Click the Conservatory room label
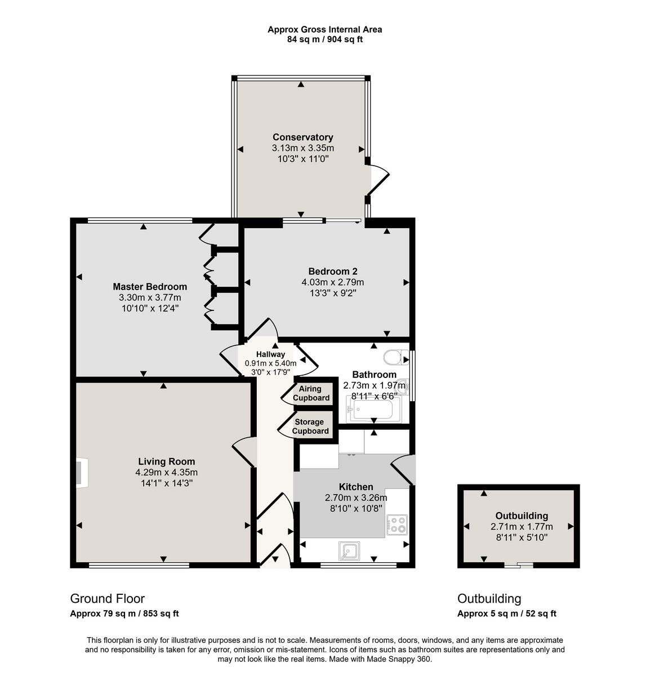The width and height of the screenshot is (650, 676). point(302,137)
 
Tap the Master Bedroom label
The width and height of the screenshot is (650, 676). point(149,287)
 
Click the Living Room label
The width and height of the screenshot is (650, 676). point(166,461)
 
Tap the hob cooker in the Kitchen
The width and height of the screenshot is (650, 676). point(397,524)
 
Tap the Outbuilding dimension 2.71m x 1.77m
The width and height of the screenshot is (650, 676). point(521,527)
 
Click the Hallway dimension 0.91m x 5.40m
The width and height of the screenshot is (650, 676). point(270,363)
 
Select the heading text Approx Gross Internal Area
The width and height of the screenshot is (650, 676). point(324,29)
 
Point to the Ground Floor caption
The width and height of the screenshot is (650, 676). point(107,599)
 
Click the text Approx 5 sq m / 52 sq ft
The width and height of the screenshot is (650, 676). point(506,614)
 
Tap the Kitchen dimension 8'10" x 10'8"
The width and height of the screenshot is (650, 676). point(355,508)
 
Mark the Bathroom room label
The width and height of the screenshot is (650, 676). point(374,375)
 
